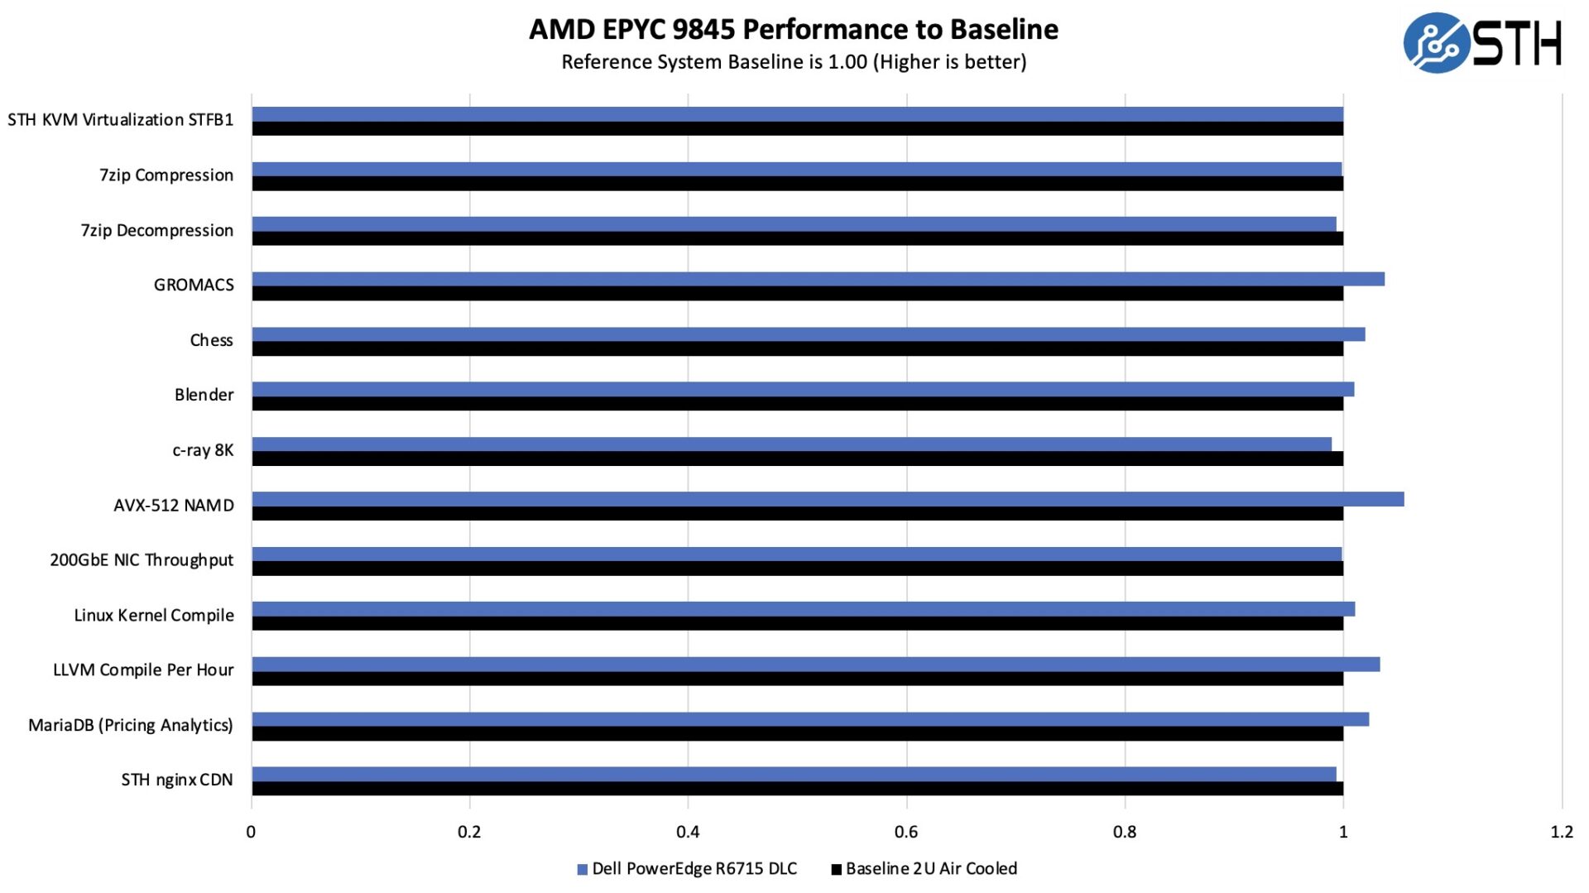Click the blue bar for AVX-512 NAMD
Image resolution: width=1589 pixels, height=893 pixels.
coord(828,499)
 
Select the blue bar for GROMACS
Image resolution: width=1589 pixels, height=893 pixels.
coord(818,279)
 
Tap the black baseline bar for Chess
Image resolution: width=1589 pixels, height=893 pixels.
coord(797,349)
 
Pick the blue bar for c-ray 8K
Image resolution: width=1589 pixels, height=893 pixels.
coord(791,444)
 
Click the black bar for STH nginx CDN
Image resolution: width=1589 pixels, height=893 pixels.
coord(797,789)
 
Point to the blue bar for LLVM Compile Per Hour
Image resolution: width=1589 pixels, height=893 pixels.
coord(815,665)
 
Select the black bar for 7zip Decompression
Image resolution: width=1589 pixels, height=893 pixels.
coord(797,239)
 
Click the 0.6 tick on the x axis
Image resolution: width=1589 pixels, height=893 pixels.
coord(906,832)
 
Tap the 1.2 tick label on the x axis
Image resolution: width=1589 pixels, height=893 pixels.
coord(1561,832)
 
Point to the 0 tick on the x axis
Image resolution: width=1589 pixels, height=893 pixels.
coord(251,832)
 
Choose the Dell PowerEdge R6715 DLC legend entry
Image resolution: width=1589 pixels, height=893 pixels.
coord(687,869)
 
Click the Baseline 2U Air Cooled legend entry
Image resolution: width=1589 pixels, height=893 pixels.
coord(924,869)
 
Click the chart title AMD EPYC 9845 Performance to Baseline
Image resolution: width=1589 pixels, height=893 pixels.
coord(793,30)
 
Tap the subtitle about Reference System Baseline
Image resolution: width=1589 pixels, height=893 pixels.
coord(793,62)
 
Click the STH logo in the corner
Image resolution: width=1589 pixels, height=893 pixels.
coord(1481,43)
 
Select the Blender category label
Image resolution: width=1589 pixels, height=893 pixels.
coord(204,395)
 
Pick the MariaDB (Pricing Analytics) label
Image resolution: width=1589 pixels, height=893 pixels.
coord(131,725)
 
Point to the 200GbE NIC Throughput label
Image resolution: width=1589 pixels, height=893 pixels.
coord(142,560)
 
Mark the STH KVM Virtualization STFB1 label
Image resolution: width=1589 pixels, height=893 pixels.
coord(121,120)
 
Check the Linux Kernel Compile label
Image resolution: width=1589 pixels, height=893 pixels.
coord(154,615)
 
